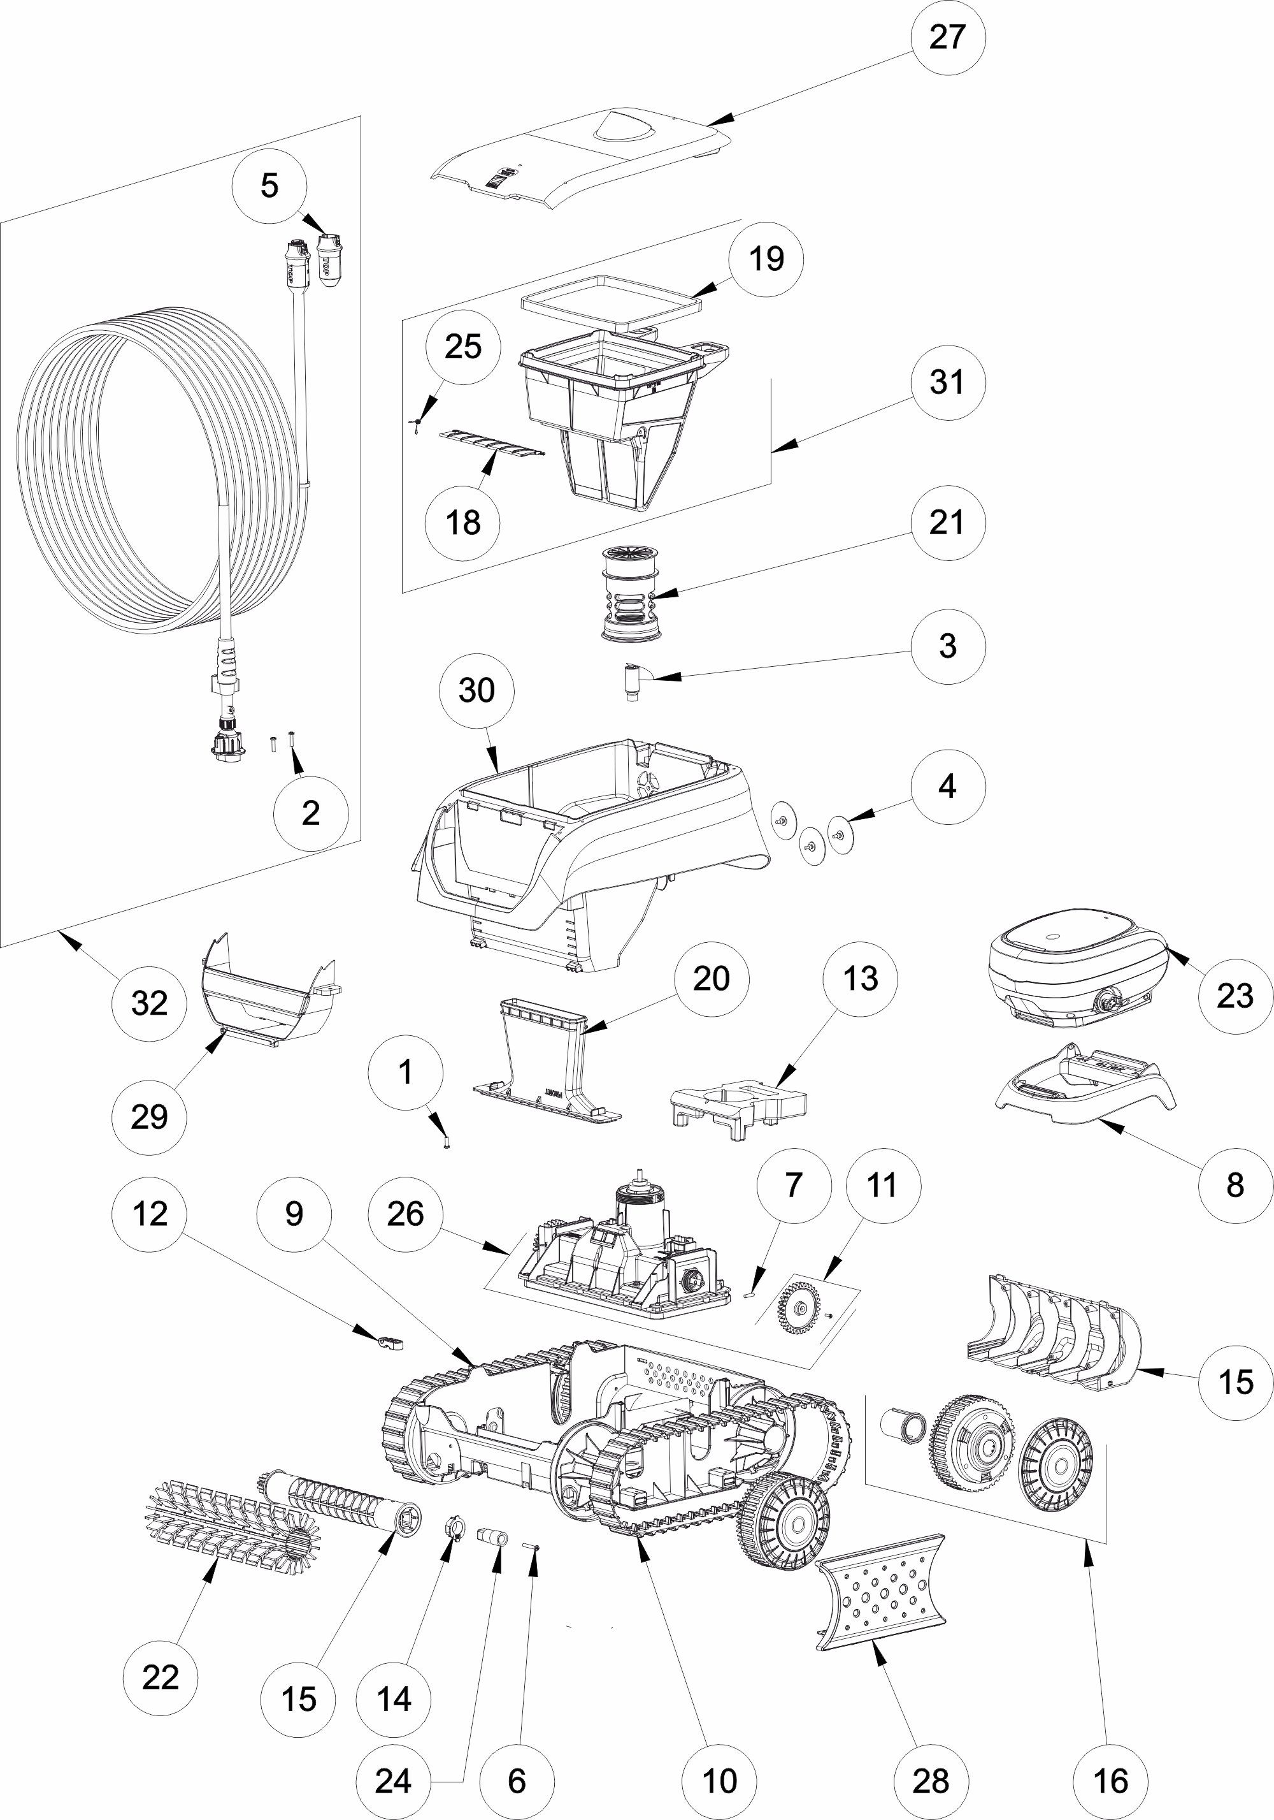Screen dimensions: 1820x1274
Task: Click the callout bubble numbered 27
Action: click(x=948, y=37)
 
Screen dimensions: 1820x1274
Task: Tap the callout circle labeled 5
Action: click(x=269, y=186)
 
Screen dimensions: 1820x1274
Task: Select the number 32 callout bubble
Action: click(x=150, y=1003)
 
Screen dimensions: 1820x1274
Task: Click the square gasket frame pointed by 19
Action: click(x=612, y=302)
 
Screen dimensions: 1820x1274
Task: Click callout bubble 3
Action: click(x=948, y=646)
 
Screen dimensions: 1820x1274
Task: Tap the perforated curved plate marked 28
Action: click(x=880, y=1593)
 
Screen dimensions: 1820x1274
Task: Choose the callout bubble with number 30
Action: click(x=476, y=690)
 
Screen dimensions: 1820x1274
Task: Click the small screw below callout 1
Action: click(x=446, y=1142)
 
